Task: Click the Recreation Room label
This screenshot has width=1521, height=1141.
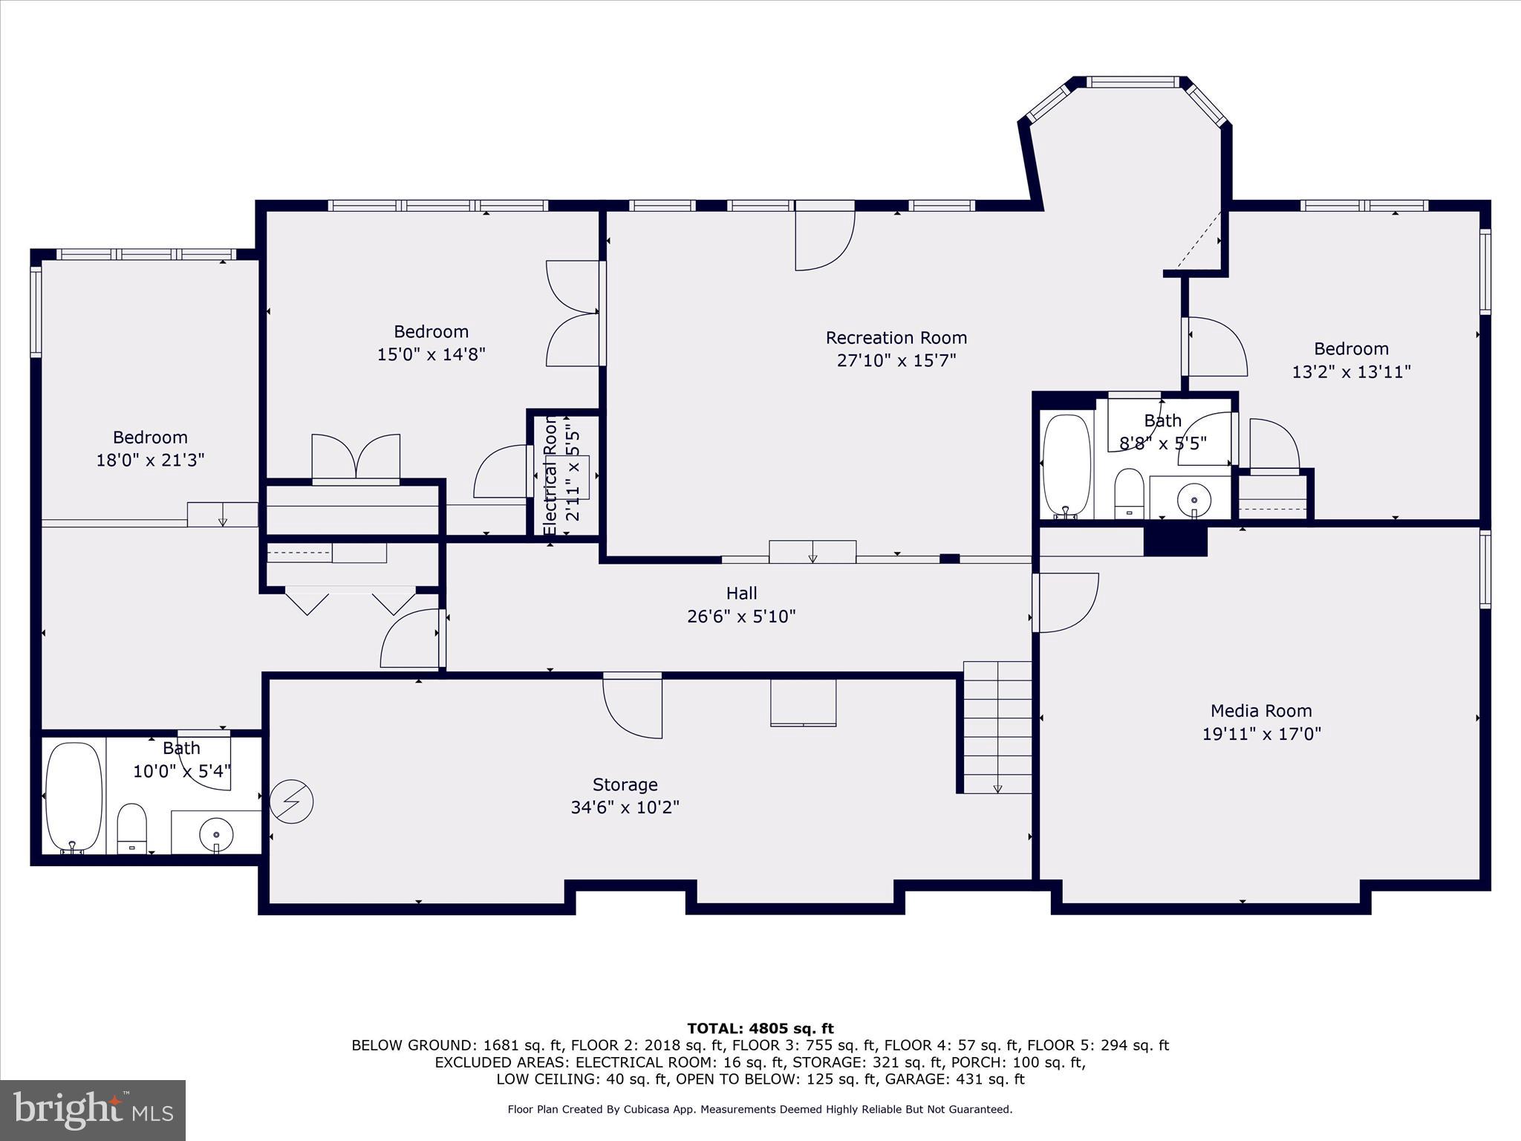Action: (x=896, y=338)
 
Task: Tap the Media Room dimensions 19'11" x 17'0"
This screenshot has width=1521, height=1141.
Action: (x=1261, y=734)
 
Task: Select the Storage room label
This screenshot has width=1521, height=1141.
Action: (x=625, y=784)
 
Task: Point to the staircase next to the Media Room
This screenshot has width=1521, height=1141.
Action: (x=997, y=728)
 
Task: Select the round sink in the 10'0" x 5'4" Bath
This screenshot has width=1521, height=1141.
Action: (x=216, y=832)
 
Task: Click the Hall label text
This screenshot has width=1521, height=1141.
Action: (x=741, y=593)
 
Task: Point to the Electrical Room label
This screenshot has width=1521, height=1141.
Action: (x=550, y=475)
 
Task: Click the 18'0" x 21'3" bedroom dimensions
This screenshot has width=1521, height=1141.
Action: (x=150, y=461)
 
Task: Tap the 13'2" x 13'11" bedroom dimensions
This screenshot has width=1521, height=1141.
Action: (x=1351, y=371)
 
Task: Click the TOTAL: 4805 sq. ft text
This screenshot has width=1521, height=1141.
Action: (x=760, y=1029)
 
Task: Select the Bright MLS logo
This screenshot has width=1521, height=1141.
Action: (x=93, y=1110)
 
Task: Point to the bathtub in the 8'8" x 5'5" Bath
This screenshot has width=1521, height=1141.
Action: (x=1066, y=466)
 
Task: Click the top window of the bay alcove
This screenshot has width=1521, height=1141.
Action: (x=1133, y=82)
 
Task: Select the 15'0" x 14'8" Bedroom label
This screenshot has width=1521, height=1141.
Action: (x=431, y=331)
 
